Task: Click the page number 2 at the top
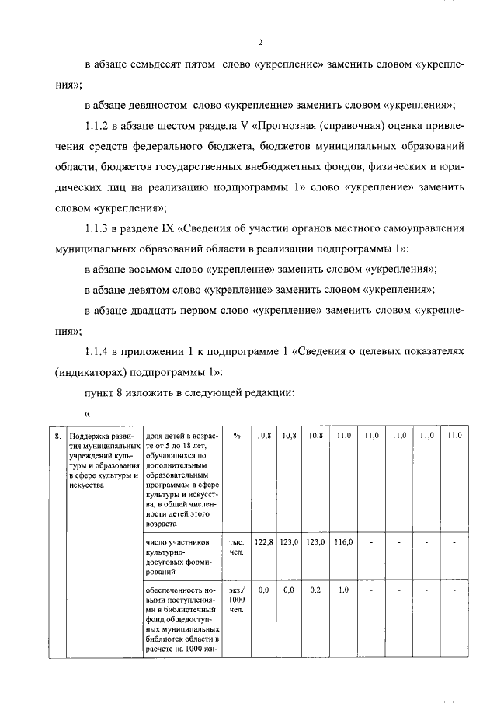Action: [x=261, y=42]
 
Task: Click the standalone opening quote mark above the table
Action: [x=87, y=412]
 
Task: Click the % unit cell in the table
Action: [x=236, y=436]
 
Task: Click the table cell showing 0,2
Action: [x=316, y=590]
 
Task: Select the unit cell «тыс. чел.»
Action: [x=236, y=545]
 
